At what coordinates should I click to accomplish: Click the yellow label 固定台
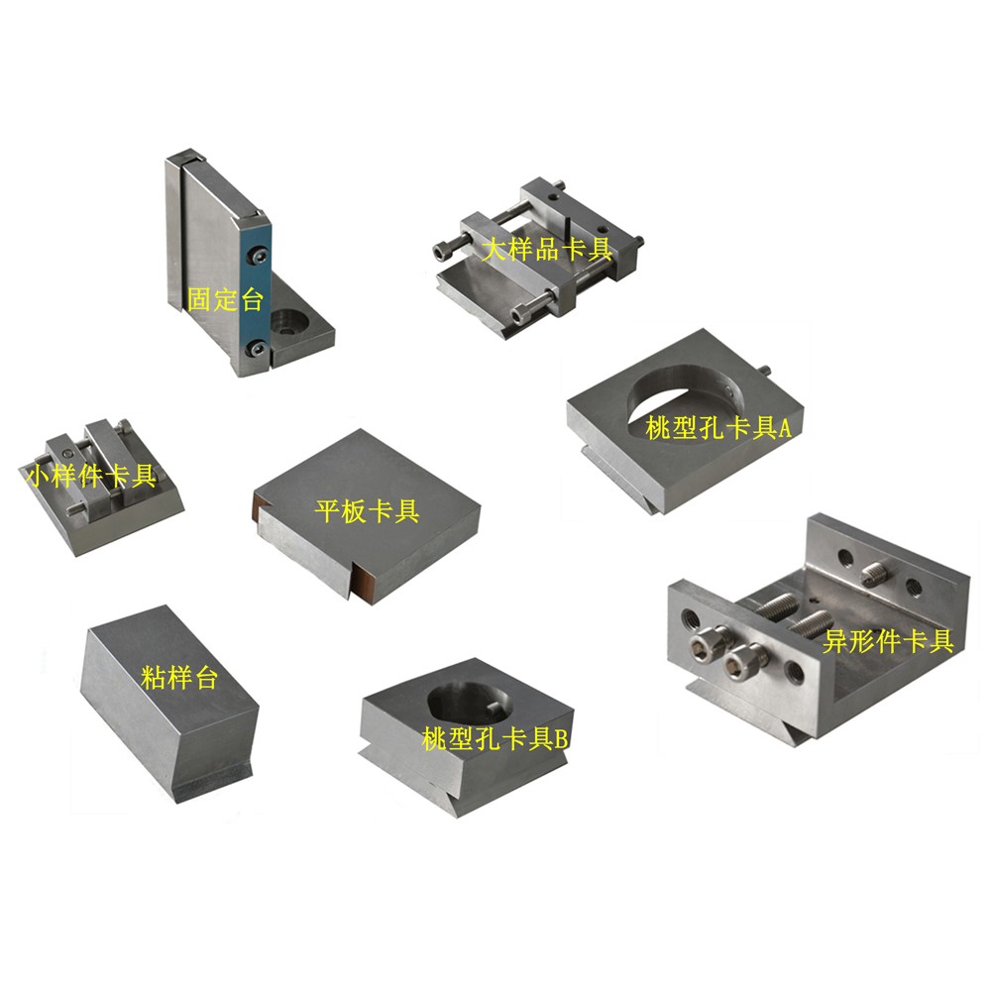(x=225, y=299)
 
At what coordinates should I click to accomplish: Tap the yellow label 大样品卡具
(x=547, y=249)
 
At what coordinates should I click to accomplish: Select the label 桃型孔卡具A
(x=717, y=428)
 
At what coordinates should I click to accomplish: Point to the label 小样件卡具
(x=90, y=476)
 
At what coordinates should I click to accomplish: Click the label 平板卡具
(x=368, y=510)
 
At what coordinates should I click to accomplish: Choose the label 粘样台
(x=179, y=678)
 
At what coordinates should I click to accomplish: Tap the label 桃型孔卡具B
(x=495, y=738)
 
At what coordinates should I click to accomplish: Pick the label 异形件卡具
(x=888, y=641)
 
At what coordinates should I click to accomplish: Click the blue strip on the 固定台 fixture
(x=256, y=297)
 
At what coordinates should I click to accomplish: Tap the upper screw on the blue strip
(x=258, y=255)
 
